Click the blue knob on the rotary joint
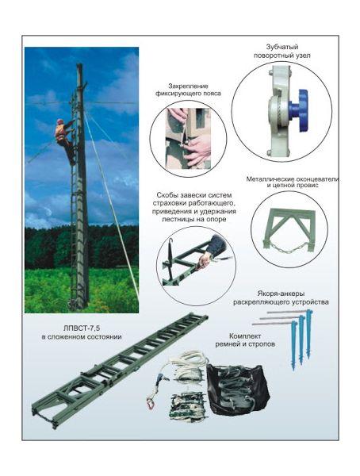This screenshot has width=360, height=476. [x=299, y=110]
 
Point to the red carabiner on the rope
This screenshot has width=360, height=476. [x=150, y=405]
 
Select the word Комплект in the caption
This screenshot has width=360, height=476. [x=245, y=336]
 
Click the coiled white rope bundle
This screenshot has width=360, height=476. [x=188, y=368]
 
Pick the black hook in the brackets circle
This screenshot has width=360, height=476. [x=170, y=254]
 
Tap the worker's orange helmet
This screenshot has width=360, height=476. [x=60, y=121]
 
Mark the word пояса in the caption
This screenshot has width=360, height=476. [x=213, y=94]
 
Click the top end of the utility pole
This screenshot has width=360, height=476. [x=79, y=64]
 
